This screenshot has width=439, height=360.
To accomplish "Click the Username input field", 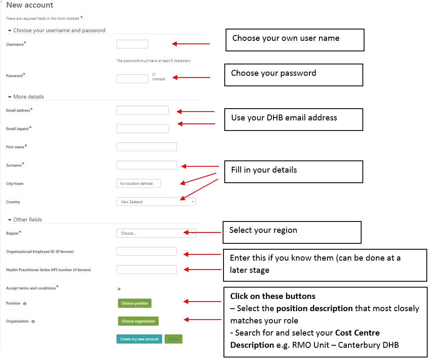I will pos(132,44).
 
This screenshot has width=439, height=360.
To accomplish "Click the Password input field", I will pos(132,79).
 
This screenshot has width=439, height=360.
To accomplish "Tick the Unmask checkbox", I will pos(154,74).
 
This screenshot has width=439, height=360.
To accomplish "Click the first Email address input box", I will pos(142,110).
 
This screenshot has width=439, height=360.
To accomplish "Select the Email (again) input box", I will pos(142,128).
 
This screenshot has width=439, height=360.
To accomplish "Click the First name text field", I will pos(146,147).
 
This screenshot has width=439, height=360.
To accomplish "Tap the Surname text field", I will pos(146,165).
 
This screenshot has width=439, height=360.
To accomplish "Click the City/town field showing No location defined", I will pos(138,184).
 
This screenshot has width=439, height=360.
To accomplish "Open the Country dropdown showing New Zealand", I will pos(156,202).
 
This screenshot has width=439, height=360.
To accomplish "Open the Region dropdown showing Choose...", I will pos(156,233).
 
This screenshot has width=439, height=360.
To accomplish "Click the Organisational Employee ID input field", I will pos(146,251).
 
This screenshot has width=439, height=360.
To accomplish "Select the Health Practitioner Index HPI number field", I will pos(146,270).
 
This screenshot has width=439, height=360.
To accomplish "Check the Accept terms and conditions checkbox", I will pos(119,289).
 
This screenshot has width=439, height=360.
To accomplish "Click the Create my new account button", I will pos(139,339).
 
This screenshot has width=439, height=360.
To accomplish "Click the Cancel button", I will pos(173,339).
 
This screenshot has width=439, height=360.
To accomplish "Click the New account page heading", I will pos(30,5).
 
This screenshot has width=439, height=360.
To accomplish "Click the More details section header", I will pos(29,97).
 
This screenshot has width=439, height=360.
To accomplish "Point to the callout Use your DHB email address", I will pos(293,119).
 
